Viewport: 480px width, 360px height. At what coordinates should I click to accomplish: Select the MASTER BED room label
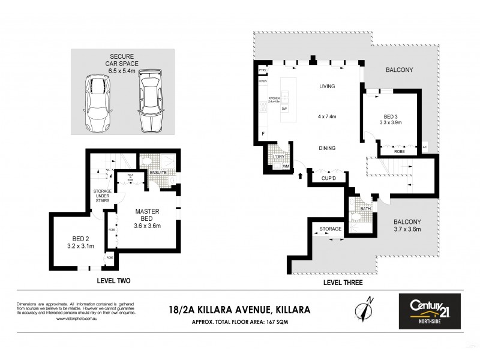(146, 215)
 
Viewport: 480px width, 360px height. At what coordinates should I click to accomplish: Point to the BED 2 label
(77, 242)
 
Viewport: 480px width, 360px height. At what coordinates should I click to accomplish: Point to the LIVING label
(327, 86)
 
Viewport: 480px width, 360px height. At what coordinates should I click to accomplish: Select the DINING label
(326, 148)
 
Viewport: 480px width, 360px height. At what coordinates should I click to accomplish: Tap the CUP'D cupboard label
(328, 178)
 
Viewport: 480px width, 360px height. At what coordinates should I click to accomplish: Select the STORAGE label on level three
(330, 229)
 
